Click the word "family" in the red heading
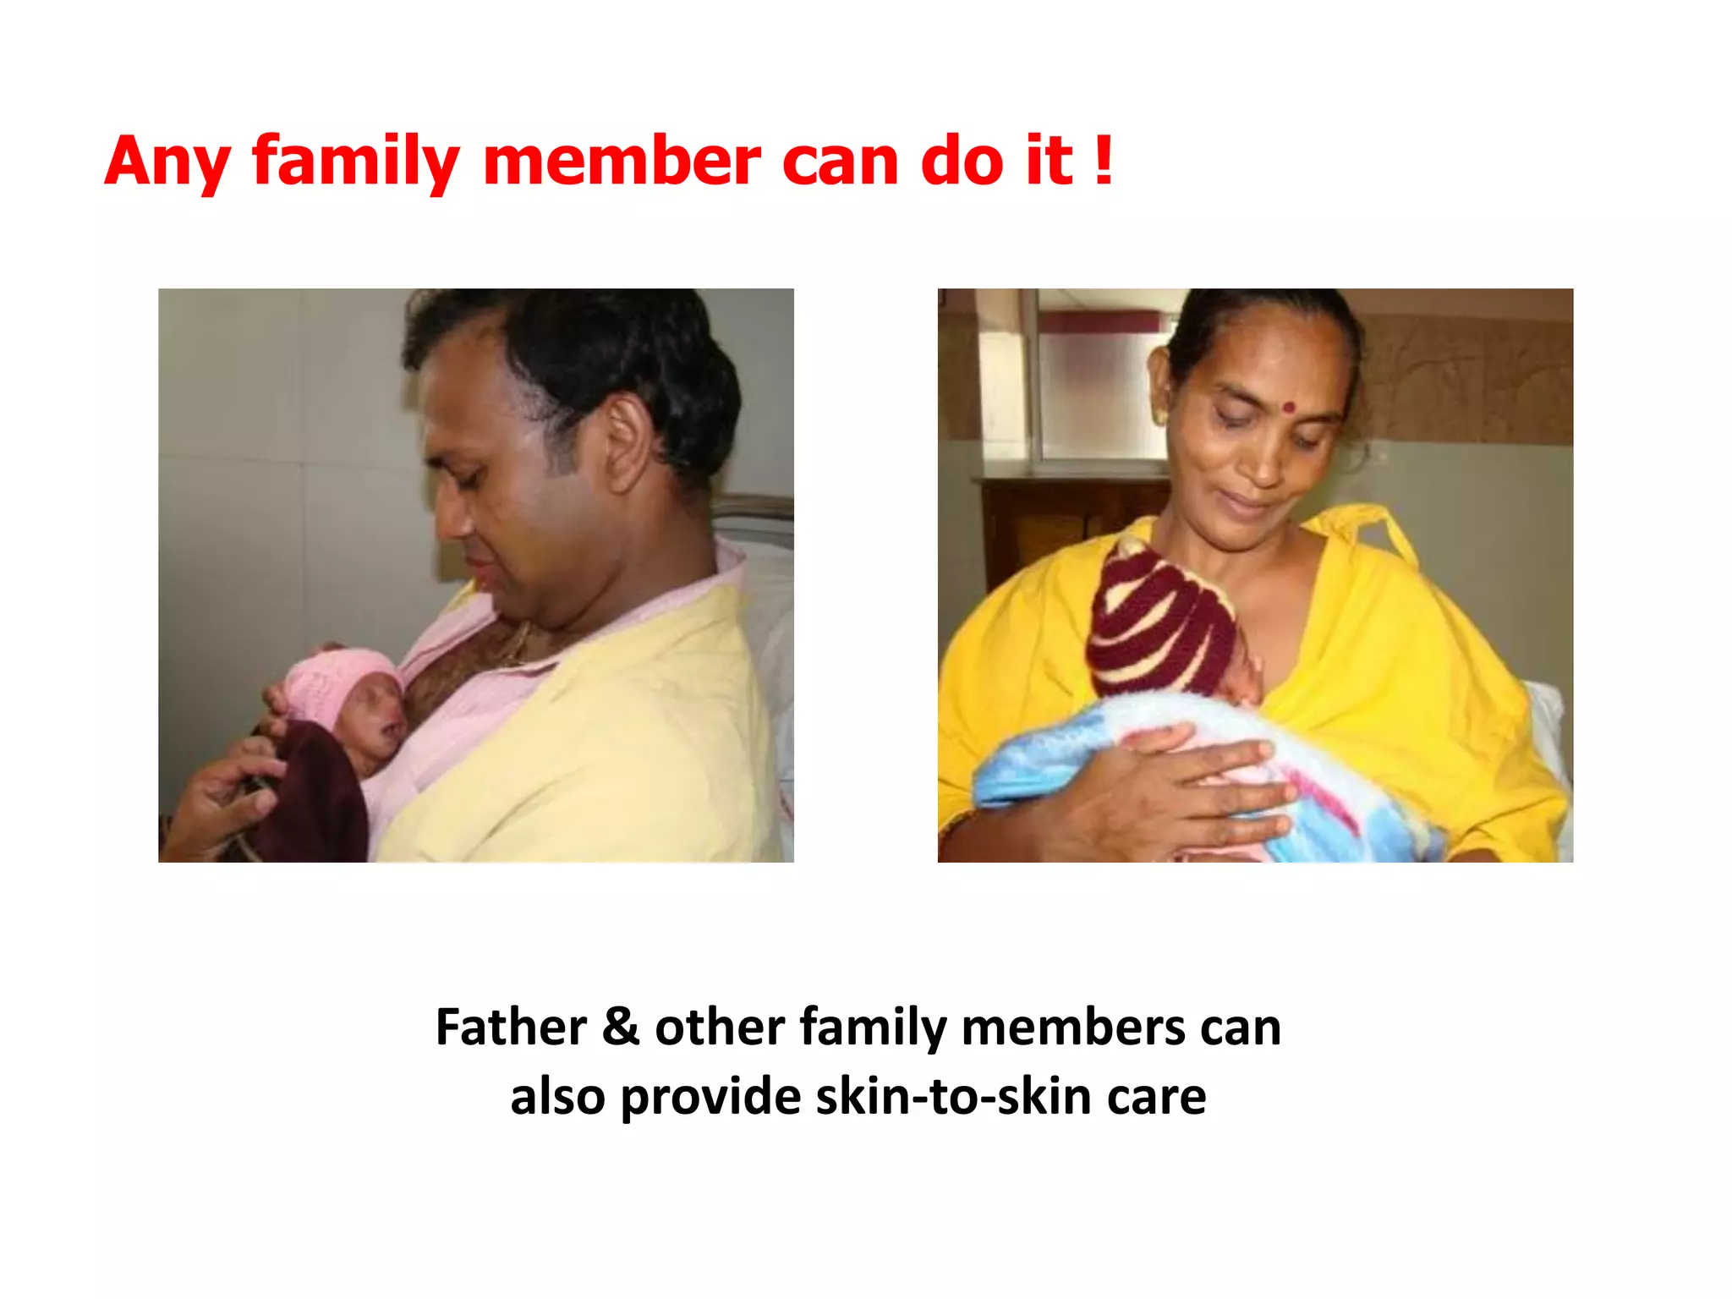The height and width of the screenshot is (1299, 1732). click(356, 162)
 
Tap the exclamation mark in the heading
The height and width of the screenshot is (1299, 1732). click(1102, 160)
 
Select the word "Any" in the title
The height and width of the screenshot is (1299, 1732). click(167, 162)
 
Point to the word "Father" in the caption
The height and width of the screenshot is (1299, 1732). click(511, 1028)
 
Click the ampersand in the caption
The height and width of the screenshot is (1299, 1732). click(621, 1028)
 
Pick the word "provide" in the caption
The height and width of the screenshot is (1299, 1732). click(710, 1097)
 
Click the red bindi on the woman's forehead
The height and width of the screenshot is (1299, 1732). click(1289, 407)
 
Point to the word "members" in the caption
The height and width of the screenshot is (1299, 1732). click(1074, 1028)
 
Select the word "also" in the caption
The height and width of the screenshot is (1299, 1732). click(557, 1097)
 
